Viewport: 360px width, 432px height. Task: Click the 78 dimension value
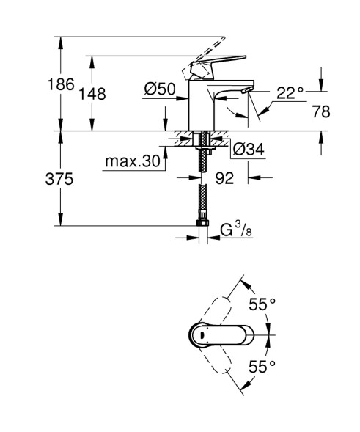coord(321,111)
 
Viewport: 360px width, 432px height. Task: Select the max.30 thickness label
coord(131,161)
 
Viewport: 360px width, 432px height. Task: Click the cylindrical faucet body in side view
coord(200,106)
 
